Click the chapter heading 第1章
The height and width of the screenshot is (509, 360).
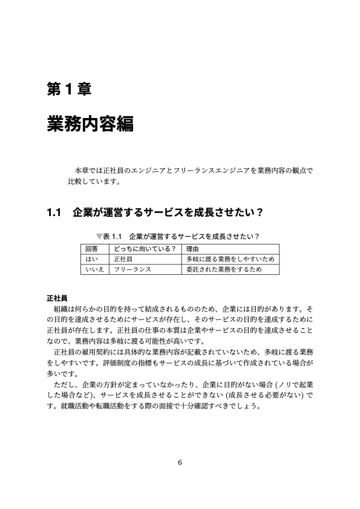click(x=68, y=90)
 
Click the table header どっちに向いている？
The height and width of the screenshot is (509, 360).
click(x=144, y=249)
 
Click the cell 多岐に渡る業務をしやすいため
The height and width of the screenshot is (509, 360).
click(x=230, y=259)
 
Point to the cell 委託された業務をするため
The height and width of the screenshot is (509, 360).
click(x=224, y=269)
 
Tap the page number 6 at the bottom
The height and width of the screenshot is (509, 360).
click(x=180, y=463)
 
